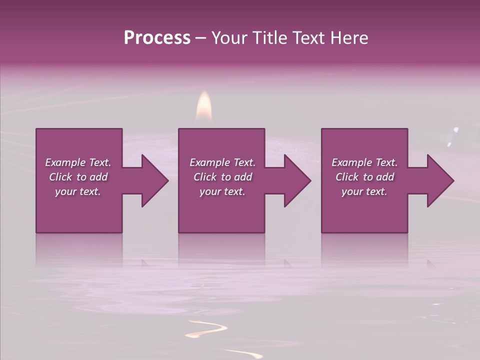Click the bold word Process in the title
click(x=157, y=38)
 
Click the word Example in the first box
click(x=65, y=162)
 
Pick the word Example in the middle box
click(x=210, y=162)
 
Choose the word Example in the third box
click(x=352, y=162)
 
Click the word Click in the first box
click(x=60, y=177)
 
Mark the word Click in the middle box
click(x=204, y=177)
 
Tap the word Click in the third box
click(x=346, y=177)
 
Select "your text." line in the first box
click(x=78, y=191)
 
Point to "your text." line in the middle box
click(x=222, y=191)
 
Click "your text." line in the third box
click(x=364, y=191)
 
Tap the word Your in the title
click(x=228, y=38)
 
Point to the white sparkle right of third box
click(x=455, y=131)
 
